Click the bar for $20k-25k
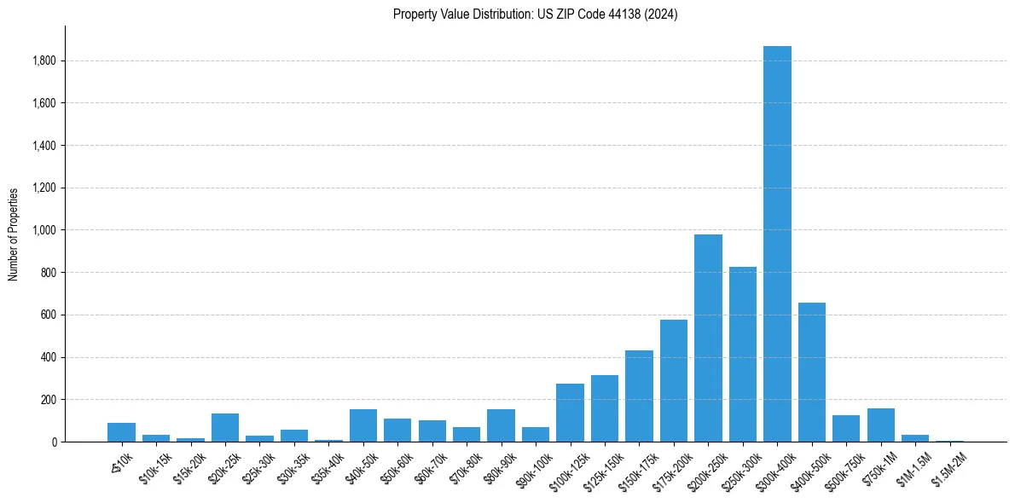(x=225, y=427)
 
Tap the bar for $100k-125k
(x=570, y=413)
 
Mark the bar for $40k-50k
(x=363, y=425)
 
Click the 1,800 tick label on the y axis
(x=44, y=61)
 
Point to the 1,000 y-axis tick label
(x=44, y=230)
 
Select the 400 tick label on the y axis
(x=49, y=357)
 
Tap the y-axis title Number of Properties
(x=14, y=234)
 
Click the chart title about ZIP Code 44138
(x=535, y=14)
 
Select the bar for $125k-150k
(x=605, y=408)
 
